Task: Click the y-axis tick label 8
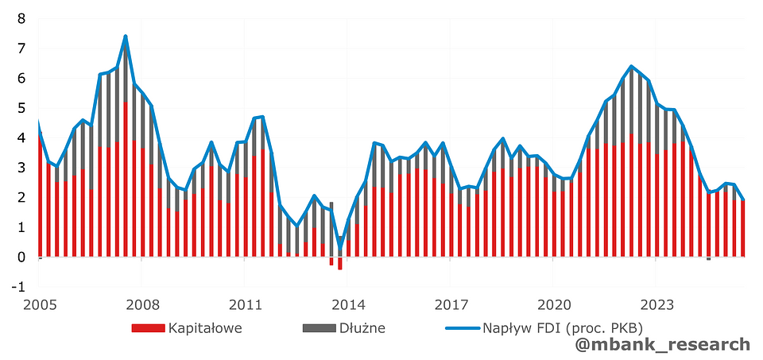point(21,18)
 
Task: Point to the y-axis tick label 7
point(21,48)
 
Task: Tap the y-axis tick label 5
point(21,108)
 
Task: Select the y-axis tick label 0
point(21,257)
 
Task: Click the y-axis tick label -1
point(18,287)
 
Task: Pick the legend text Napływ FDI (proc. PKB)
point(562,327)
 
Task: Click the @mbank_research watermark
point(663,344)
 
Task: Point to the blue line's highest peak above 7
point(126,37)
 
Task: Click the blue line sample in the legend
point(455,327)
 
